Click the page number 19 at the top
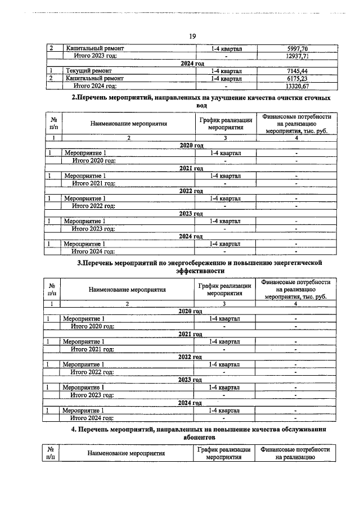[x=192, y=37]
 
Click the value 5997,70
[x=298, y=49]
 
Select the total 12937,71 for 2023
[x=298, y=56]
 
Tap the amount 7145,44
[x=298, y=71]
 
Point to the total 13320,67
[x=298, y=86]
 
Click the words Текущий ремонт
[x=87, y=71]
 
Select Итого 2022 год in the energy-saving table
[x=93, y=371]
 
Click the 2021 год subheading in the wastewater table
[x=191, y=168]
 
